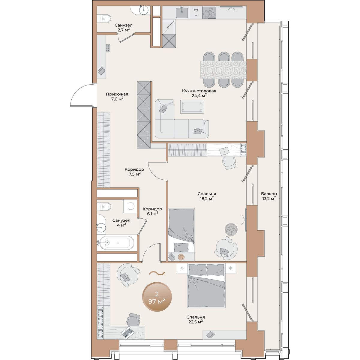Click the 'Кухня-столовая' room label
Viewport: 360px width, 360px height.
click(199, 91)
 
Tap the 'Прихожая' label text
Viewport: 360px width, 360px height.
click(117, 94)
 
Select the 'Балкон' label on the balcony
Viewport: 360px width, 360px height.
click(269, 194)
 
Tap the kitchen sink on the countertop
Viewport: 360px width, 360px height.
click(182, 13)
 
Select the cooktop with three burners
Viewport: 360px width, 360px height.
click(209, 13)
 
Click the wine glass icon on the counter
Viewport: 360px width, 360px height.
click(196, 12)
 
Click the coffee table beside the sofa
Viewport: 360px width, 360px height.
click(192, 106)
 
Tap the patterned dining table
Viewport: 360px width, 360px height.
click(223, 70)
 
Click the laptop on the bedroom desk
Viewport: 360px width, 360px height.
click(127, 337)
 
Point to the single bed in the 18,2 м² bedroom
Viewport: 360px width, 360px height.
click(181, 234)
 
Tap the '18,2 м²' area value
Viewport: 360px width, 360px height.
click(206, 198)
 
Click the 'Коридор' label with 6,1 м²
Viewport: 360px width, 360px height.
click(152, 209)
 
